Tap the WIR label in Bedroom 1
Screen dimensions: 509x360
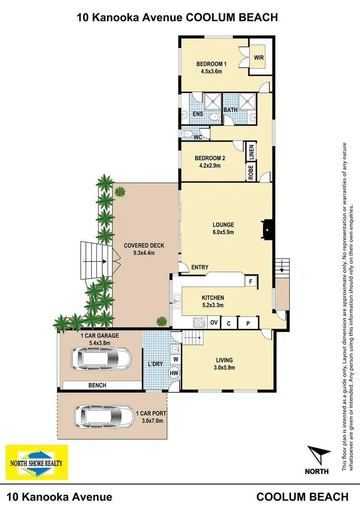(x=259, y=59)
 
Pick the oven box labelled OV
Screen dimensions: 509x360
(x=214, y=322)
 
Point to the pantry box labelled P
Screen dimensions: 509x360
(x=249, y=323)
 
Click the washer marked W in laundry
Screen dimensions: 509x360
(x=175, y=359)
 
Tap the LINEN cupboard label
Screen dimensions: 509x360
(x=251, y=153)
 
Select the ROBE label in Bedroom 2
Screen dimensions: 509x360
(x=251, y=172)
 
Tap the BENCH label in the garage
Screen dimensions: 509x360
(x=97, y=385)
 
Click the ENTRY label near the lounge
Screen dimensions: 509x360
(x=200, y=268)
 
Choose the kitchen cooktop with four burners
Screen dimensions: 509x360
(x=199, y=322)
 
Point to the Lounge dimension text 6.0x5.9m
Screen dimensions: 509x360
(x=223, y=232)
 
